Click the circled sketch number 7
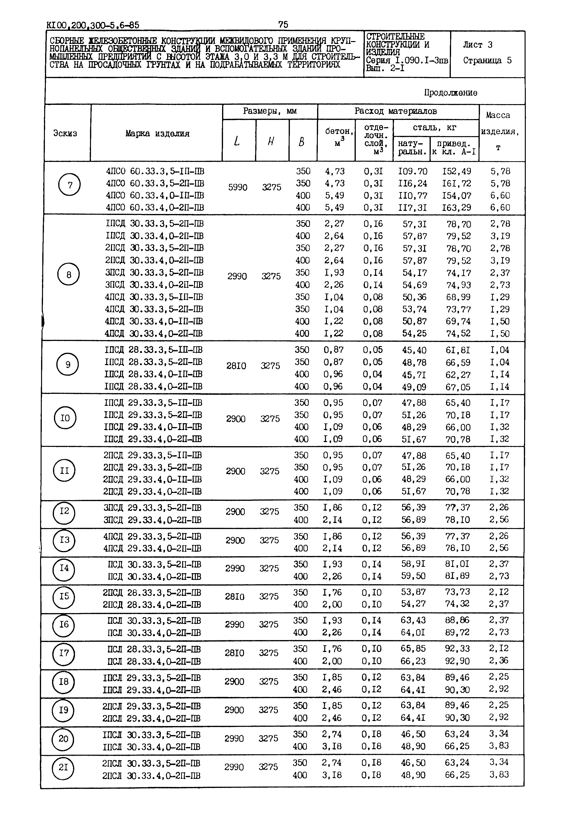(70, 185)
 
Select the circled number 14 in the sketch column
(64, 568)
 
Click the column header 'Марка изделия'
(157, 134)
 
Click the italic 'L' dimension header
(237, 141)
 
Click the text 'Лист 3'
(477, 45)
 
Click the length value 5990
(238, 187)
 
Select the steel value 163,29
(456, 208)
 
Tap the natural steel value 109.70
(412, 171)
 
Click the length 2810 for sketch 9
(236, 366)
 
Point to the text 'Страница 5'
(487, 60)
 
